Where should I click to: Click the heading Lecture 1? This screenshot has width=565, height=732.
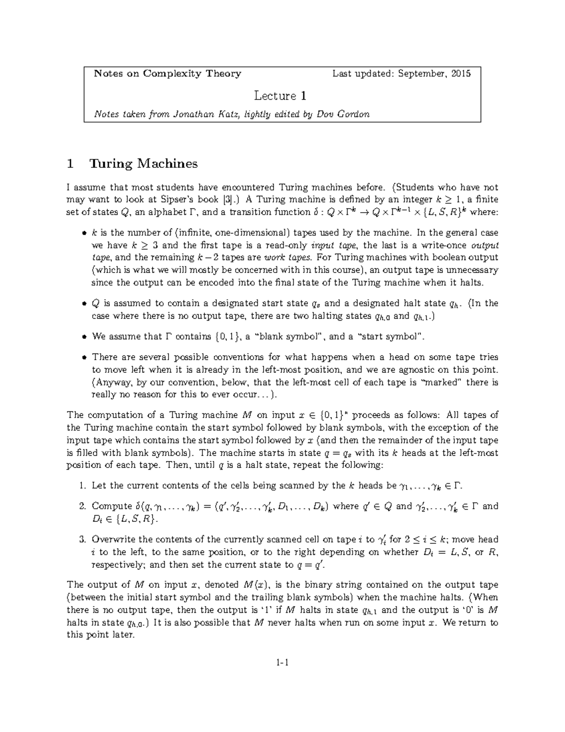point(280,96)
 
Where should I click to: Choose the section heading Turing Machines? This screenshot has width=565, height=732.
point(143,164)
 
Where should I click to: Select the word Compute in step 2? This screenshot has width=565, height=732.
point(112,507)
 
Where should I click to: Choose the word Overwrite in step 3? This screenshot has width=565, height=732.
point(114,540)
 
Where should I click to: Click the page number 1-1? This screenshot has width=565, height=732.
point(282,663)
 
